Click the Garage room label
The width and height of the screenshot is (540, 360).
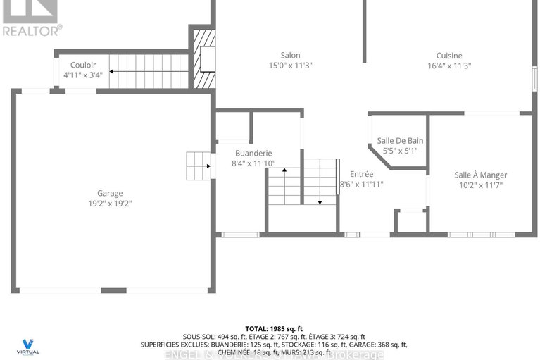[110, 193]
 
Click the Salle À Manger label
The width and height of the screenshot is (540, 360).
[480, 175]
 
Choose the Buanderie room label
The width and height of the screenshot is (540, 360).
[253, 153]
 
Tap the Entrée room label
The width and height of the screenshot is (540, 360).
[362, 174]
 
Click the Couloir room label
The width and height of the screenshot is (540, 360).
[78, 64]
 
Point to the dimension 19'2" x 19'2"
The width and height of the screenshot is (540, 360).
[110, 203]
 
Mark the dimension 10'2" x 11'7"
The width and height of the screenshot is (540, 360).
[480, 186]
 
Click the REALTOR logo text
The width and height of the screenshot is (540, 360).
[32, 30]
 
